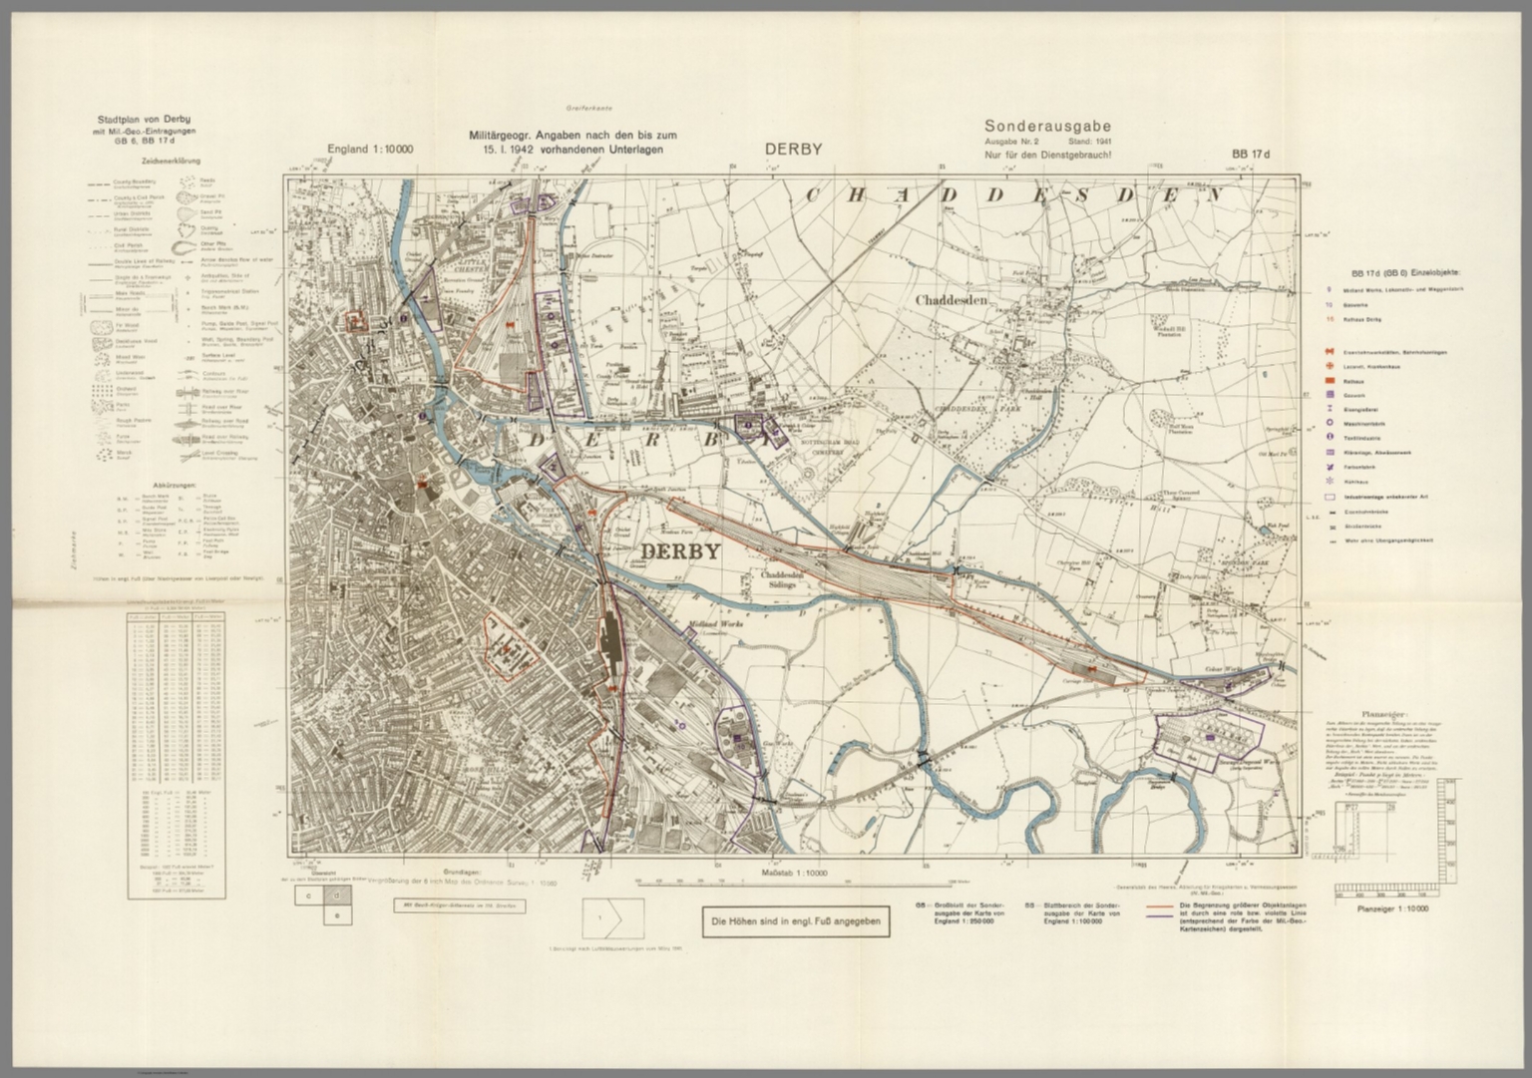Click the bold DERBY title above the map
pos(793,150)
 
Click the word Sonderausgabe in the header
pos(1047,127)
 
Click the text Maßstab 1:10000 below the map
pos(794,873)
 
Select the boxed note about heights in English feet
pos(795,922)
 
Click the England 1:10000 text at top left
pos(370,150)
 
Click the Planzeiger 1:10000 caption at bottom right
pos(1393,908)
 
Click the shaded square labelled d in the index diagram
pos(336,897)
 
